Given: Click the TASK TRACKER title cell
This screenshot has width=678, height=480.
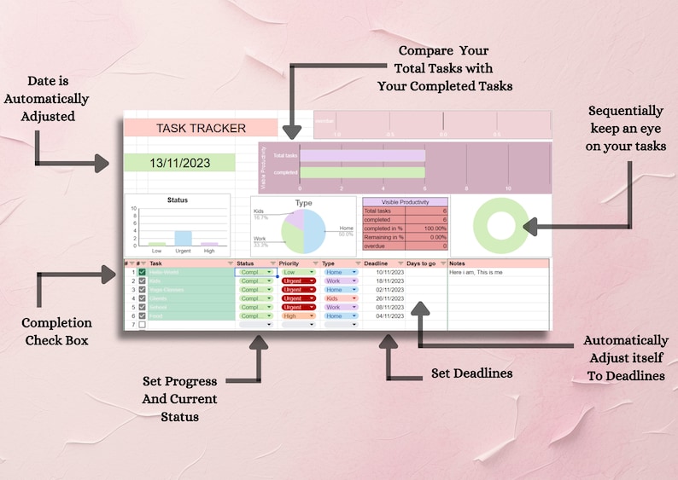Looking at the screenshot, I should tap(201, 128).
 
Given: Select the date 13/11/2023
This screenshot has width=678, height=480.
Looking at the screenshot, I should tap(179, 163).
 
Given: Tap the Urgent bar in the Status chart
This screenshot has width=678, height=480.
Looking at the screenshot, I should tap(183, 238).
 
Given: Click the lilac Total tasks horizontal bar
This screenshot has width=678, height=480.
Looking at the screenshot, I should tap(362, 156).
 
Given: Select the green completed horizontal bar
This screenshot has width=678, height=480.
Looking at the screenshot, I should tap(362, 172).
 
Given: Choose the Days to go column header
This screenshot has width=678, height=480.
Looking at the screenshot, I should tap(421, 263).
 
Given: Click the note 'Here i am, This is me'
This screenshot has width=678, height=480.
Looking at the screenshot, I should tap(476, 272).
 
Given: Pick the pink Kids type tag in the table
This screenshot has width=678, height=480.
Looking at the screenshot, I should tap(339, 298).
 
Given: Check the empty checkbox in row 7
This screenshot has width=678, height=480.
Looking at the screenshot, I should tap(143, 325).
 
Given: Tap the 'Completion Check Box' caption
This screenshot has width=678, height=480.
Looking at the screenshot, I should tap(56, 332).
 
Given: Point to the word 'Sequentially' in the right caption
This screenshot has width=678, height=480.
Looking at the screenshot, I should tap(625, 111).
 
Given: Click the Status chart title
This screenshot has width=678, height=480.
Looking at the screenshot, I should tap(178, 200).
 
